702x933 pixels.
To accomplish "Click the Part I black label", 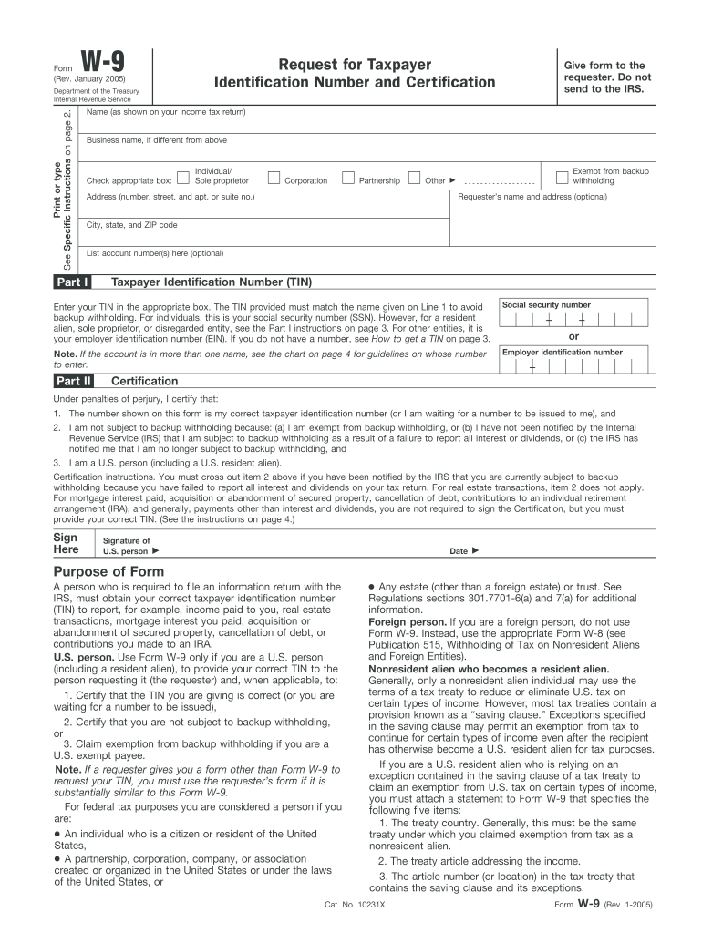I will click(x=71, y=282).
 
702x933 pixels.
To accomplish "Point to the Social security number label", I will click(x=546, y=305).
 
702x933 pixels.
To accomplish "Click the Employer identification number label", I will click(x=563, y=352).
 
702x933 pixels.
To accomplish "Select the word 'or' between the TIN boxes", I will click(x=573, y=335).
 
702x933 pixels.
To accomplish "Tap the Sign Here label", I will click(x=67, y=544).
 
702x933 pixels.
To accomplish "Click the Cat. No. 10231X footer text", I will click(x=356, y=906).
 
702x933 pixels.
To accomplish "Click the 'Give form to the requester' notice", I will click(x=604, y=77).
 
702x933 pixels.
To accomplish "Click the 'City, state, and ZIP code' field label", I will click(x=131, y=225).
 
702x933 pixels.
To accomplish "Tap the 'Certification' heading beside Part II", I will click(x=144, y=381).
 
